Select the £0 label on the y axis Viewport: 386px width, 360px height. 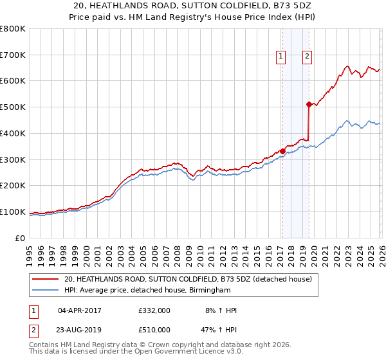tap(19, 239)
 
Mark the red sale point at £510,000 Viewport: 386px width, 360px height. tap(309, 104)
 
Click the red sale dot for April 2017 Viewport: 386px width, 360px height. tap(282, 152)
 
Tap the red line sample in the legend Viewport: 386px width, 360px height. tap(46, 279)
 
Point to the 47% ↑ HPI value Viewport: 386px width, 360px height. tap(219, 329)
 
